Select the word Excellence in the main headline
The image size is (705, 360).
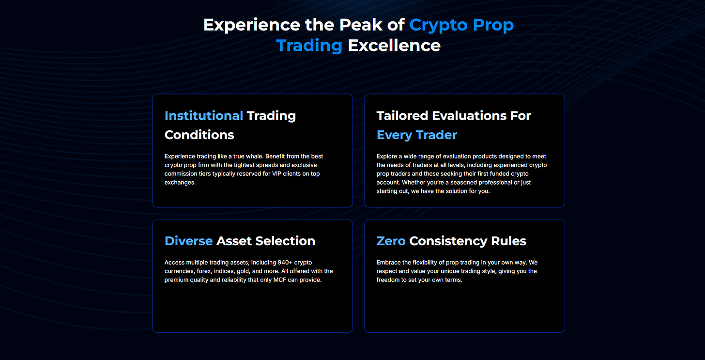[394, 46]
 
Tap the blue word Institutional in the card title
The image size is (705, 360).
[204, 116]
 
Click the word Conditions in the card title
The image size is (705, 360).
[199, 135]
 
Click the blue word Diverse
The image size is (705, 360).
[188, 241]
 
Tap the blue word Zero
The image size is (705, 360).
[391, 241]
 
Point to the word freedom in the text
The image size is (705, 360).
[388, 280]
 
